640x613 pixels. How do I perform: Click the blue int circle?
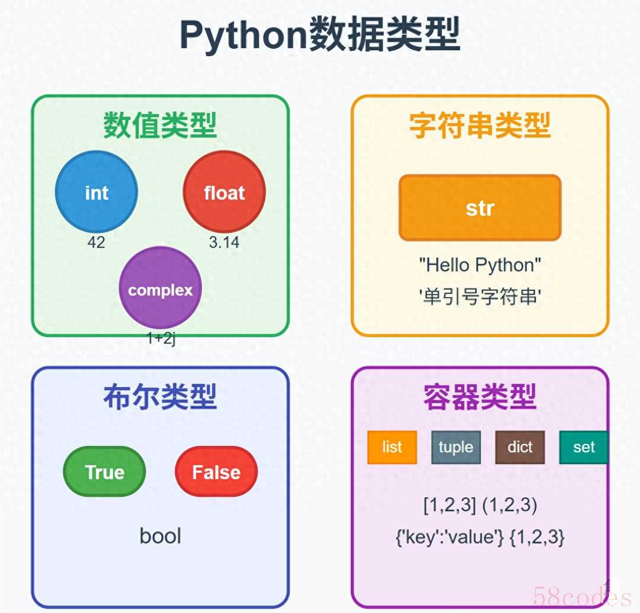pos(96,192)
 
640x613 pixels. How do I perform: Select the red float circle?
pos(224,192)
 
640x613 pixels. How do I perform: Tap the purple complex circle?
pos(161,287)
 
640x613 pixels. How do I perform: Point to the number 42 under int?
pos(96,243)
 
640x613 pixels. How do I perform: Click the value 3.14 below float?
pos(224,243)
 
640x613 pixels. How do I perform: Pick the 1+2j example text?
pos(161,338)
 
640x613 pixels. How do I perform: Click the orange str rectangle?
pos(480,208)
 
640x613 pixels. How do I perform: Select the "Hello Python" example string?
pos(480,266)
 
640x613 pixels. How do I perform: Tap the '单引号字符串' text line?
pos(480,296)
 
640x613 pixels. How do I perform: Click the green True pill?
pos(104,472)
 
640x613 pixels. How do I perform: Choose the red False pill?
pos(216,472)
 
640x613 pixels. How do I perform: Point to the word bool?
pos(161,536)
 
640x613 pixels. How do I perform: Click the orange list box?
pos(392,447)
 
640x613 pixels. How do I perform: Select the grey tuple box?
pos(456,447)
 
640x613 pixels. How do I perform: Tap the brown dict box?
pos(520,447)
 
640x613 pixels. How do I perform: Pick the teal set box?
pos(584,447)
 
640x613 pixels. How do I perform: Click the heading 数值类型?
pos(160,125)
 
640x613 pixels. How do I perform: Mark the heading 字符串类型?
pos(480,125)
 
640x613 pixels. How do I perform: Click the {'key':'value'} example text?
pos(450,537)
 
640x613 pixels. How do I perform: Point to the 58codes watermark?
pos(582,596)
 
